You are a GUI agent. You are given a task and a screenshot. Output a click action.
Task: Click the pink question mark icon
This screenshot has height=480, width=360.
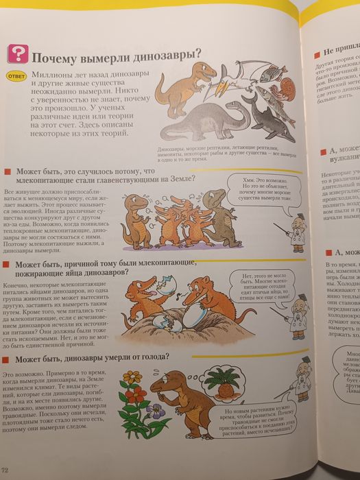point(16,54)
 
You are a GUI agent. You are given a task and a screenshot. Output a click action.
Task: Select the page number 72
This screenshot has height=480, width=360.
point(5,469)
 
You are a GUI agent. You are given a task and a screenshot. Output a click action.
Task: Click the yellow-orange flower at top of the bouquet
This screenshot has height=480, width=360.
point(132,376)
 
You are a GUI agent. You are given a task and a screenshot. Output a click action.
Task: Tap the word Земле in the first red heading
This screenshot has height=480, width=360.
point(176,180)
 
